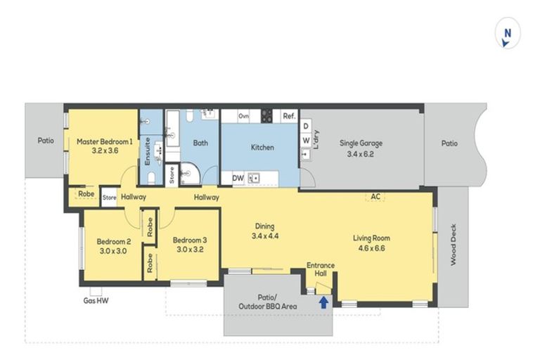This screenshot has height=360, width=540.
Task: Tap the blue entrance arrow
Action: pos(323,302)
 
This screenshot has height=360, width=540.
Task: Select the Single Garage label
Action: pos(361,148)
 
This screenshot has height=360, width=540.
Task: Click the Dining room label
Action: pos(264,231)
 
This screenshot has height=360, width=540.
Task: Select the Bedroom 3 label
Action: pos(188,244)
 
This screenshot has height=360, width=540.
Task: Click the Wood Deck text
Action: pos(453,249)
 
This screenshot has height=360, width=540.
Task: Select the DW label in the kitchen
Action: pos(238,179)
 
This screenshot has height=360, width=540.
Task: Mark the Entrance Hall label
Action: pos(321,269)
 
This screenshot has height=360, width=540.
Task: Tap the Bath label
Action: pos(200,143)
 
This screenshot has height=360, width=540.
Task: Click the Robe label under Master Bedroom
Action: pos(86,194)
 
